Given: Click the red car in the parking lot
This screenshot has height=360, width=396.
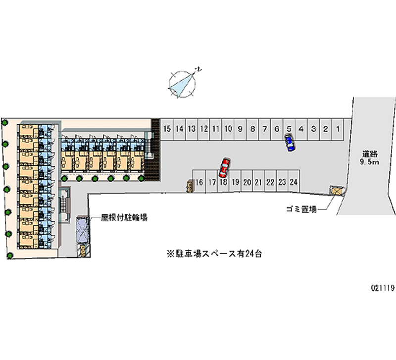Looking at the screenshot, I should pos(224,167).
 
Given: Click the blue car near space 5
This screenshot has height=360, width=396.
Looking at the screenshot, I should pos(290,143).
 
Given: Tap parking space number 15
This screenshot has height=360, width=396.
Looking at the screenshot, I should pos(167,129).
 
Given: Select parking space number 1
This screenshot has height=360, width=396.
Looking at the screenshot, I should pos(338,129).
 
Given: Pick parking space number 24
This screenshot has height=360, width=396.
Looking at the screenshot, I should pos(294,182).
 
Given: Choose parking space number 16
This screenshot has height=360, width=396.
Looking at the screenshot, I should pos(199,182).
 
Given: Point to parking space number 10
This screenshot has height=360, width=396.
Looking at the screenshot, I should pos(228,129).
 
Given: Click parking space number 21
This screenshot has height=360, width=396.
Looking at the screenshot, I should pos(258,182).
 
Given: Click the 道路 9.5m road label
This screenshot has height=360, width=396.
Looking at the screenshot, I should pos(370,158).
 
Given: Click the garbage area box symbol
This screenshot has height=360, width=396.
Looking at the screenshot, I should pos(337,191).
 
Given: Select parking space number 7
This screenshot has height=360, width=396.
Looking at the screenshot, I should pos(264,129).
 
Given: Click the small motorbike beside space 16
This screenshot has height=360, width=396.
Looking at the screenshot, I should pos(189,186).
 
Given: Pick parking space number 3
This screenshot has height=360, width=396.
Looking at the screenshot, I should pos(313,129).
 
